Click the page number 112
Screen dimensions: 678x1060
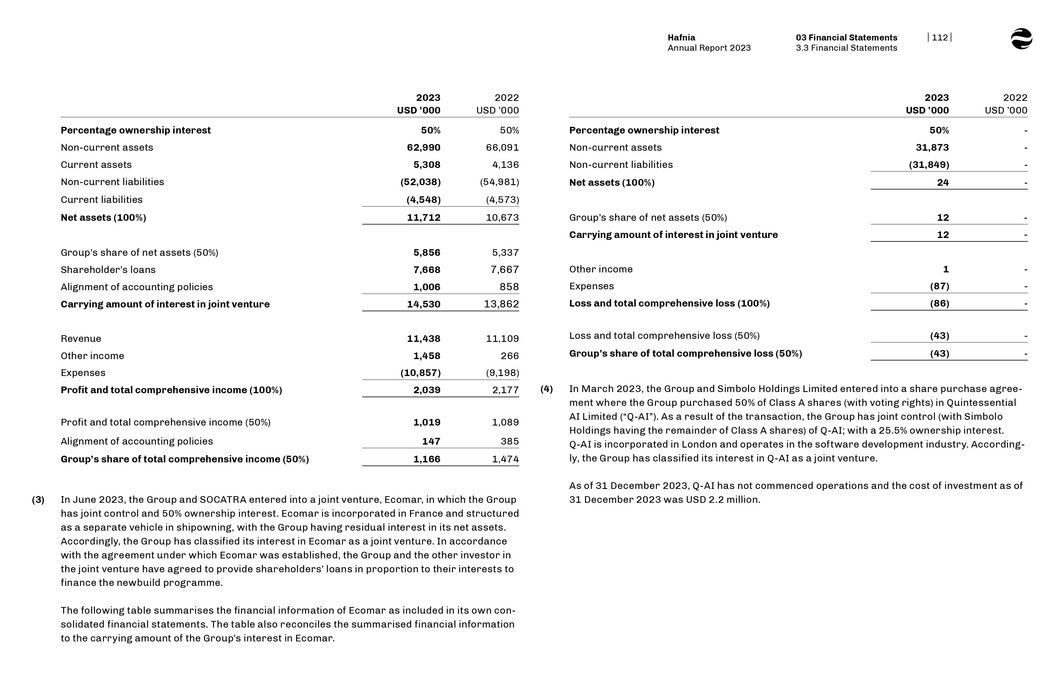(x=939, y=37)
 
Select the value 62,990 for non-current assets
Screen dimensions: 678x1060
(x=423, y=147)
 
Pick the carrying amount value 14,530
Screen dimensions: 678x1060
(x=423, y=304)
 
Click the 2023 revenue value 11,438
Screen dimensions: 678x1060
(x=423, y=339)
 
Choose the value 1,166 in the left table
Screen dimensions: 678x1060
(x=426, y=459)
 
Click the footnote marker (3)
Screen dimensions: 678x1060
(x=38, y=500)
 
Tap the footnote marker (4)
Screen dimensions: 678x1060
(x=547, y=389)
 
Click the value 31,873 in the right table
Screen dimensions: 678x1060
(x=932, y=147)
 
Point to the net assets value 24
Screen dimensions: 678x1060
(x=942, y=183)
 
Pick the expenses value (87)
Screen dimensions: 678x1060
(x=939, y=286)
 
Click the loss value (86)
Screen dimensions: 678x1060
(x=939, y=303)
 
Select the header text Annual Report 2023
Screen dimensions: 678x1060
(x=709, y=48)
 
